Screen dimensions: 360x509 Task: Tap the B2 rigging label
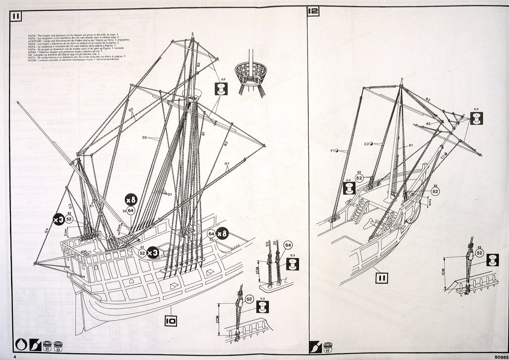click(226, 143)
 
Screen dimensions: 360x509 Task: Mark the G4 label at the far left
click(46, 231)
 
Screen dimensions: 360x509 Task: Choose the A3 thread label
click(428, 123)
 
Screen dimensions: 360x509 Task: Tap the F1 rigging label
click(333, 150)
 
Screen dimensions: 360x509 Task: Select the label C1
click(443, 156)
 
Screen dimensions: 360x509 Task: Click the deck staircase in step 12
click(360, 211)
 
